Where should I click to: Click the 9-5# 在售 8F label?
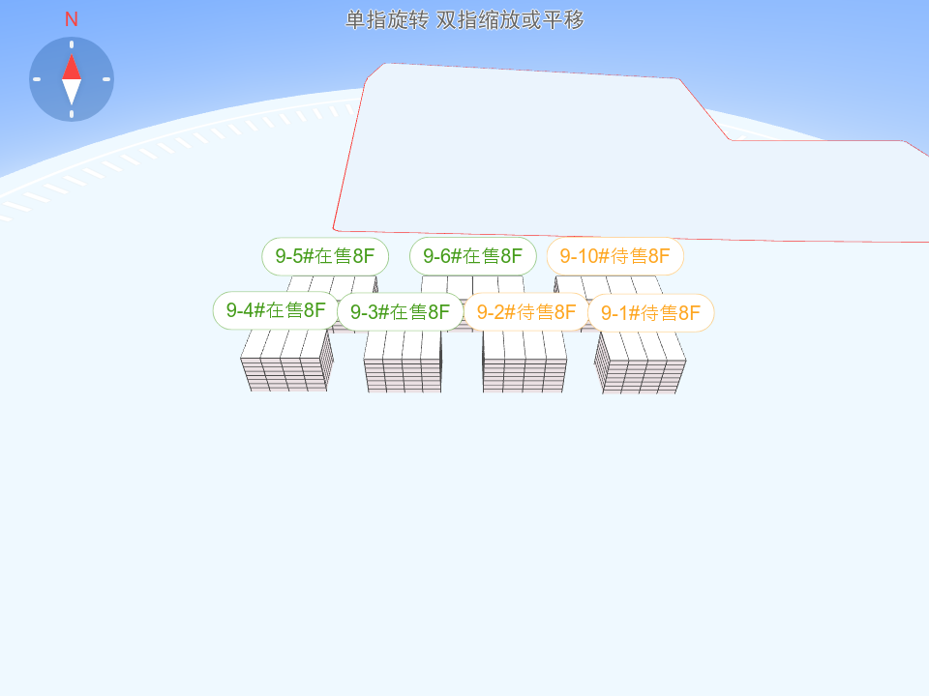coord(325,256)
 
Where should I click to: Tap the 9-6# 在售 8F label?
coord(473,256)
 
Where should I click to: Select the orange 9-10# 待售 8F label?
coord(615,256)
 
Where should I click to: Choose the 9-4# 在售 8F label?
coord(276,310)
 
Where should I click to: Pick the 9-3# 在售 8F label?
coord(400,312)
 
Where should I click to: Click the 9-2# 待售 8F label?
coord(526,312)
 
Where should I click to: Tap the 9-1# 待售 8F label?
coord(650,313)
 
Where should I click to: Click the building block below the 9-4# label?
coord(286,361)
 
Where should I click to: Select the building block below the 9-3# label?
coord(403,362)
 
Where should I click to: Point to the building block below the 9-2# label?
coord(524,362)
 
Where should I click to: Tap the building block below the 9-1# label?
coord(640,362)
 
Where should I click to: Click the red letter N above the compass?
coord(71,19)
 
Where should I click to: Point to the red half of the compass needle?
coord(72,67)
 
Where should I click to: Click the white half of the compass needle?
coord(72,92)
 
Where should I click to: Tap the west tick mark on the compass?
coord(37,79)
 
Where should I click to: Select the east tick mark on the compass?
coord(106,79)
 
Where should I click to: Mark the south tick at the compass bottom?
coord(72,114)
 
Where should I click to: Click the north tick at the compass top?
coord(72,44)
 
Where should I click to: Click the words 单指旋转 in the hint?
coord(387,20)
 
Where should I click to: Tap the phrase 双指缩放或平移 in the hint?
coord(510,20)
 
